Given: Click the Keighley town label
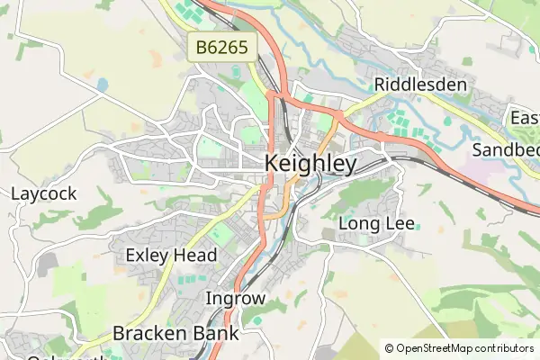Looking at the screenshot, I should point(311,165).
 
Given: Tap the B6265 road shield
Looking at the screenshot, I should point(223,48).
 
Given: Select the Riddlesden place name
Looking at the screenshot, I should point(420,85).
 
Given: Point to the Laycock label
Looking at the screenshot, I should point(43,193).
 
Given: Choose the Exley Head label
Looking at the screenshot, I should point(171,256).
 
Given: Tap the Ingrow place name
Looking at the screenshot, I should point(236,298).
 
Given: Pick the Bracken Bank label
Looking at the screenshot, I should point(175,333).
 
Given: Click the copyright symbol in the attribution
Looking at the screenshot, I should point(389,348).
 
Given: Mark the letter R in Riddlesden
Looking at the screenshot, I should point(381,85).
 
